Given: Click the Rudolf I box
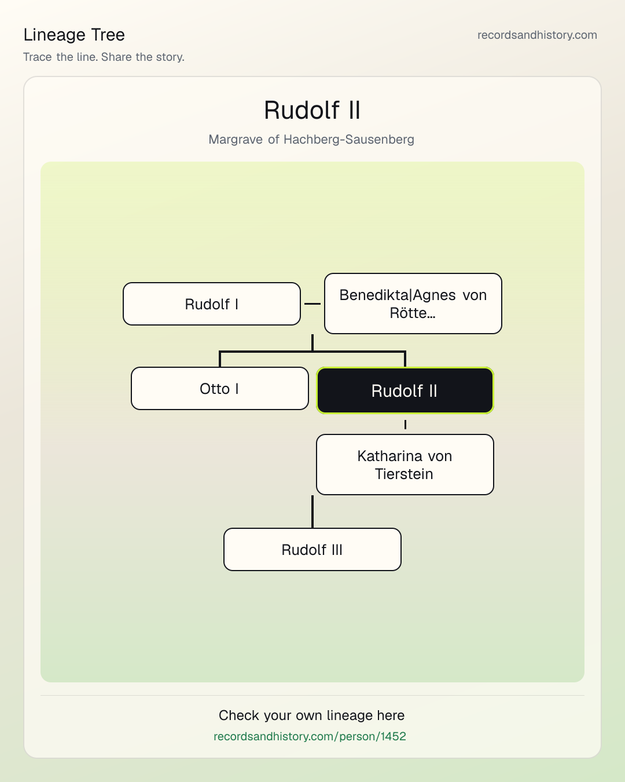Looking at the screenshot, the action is (212, 304).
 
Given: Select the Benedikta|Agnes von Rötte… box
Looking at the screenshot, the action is (413, 304).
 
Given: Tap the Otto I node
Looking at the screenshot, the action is (220, 389).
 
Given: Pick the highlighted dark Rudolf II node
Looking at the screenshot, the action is (405, 390).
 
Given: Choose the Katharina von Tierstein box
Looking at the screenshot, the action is (405, 465).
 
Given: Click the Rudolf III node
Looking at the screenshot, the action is (312, 550).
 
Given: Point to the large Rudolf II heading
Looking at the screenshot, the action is (312, 109).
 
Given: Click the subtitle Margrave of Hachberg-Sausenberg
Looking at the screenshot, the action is (311, 140).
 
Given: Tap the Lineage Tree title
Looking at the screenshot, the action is (74, 35).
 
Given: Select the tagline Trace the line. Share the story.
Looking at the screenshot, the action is (104, 57).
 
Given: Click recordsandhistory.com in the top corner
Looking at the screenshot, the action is (537, 35).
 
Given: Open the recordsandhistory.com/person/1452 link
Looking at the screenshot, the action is (310, 736).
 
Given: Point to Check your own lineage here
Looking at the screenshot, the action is (311, 715).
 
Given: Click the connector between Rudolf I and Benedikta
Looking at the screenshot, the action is (312, 304).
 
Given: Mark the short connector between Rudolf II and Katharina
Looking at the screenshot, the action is (405, 425).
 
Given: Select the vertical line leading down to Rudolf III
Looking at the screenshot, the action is (312, 511).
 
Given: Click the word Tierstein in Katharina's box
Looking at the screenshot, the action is (404, 474).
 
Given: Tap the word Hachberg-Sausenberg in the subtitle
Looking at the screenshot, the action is (349, 140).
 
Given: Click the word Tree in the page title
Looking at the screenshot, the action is (108, 35).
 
